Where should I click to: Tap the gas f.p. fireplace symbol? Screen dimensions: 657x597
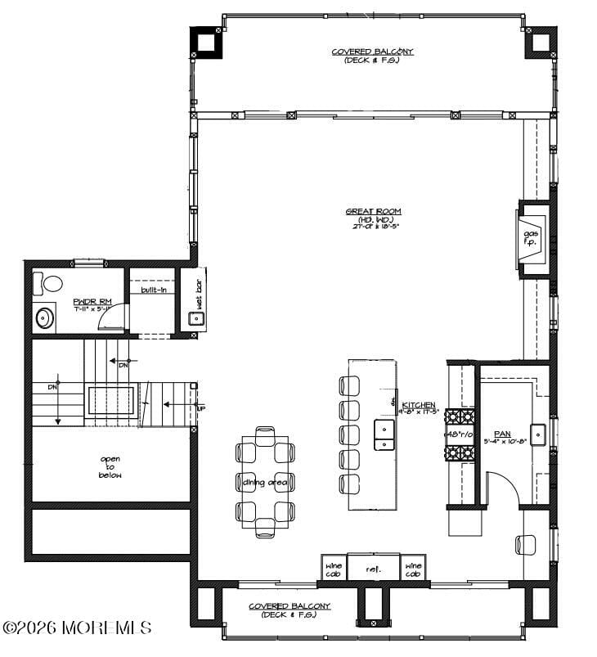pyautogui.click(x=530, y=237)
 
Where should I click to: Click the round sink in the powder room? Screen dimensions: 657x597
pyautogui.click(x=43, y=317)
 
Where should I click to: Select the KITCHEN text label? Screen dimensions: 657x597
pyautogui.click(x=418, y=405)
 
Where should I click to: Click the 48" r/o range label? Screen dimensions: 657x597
pyautogui.click(x=460, y=434)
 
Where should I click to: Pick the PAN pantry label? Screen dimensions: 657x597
pyautogui.click(x=502, y=434)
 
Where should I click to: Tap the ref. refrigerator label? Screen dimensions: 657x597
pyautogui.click(x=374, y=568)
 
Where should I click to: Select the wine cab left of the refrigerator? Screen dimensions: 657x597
pyautogui.click(x=334, y=568)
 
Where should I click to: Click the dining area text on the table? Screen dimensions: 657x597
pyautogui.click(x=264, y=482)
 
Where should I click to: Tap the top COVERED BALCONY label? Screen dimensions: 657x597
pyautogui.click(x=372, y=52)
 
